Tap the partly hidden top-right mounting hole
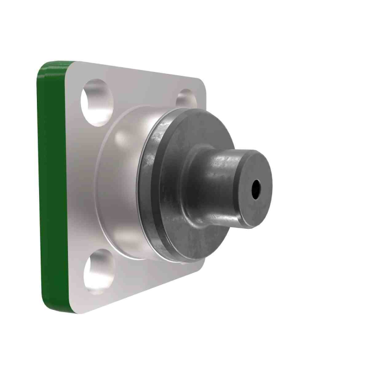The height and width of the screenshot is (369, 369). click(186, 98)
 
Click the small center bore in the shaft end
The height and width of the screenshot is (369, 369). click(256, 189)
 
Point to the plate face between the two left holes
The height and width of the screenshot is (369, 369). click(82, 184)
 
